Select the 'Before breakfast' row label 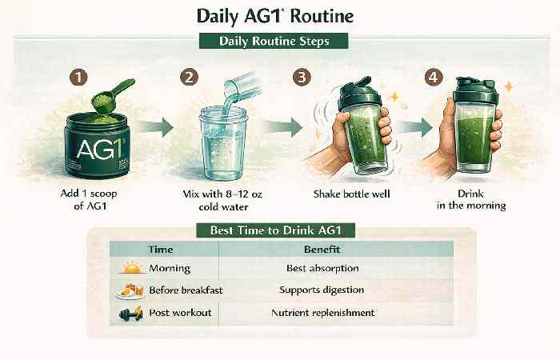(x=180, y=290)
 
